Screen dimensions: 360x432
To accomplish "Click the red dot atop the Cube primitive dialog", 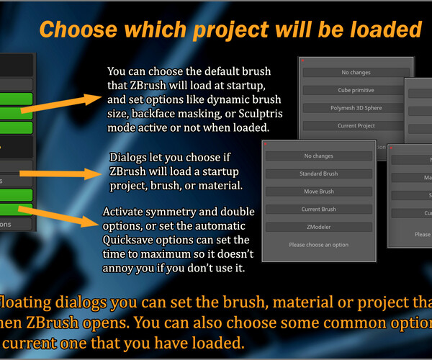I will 304,61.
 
